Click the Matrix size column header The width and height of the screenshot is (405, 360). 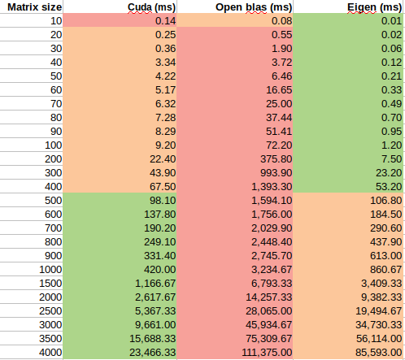click(35, 7)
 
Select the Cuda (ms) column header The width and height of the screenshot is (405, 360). click(151, 7)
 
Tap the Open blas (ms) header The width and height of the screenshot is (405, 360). click(254, 7)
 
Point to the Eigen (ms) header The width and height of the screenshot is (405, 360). click(374, 7)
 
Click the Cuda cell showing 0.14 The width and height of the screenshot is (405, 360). click(165, 21)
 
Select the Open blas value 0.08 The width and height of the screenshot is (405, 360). click(281, 21)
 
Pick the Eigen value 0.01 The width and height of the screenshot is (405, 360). click(391, 21)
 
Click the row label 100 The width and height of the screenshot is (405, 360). click(54, 145)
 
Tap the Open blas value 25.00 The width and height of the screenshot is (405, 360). click(279, 104)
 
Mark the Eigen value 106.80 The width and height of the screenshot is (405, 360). click(386, 201)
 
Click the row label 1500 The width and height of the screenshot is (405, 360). click(50, 284)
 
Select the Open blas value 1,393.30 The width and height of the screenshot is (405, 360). click(272, 187)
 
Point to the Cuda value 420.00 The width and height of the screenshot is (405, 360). click(160, 270)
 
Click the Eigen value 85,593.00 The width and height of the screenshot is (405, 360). click(379, 353)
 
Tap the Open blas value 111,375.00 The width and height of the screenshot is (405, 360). click(267, 353)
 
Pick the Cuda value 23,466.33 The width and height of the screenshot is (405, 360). click(153, 353)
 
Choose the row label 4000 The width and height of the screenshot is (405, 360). click(50, 353)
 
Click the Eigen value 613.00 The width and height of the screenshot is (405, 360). click(386, 256)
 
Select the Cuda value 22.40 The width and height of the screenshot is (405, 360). click(163, 159)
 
